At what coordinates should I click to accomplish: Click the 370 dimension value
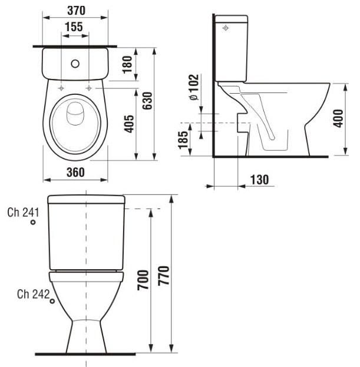(76, 11)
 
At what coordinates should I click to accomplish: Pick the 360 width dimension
(75, 172)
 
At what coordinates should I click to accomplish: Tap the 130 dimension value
(259, 180)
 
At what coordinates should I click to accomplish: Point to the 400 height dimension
(338, 120)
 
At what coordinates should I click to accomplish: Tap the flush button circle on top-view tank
(75, 62)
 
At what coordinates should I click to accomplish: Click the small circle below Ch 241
(34, 223)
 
